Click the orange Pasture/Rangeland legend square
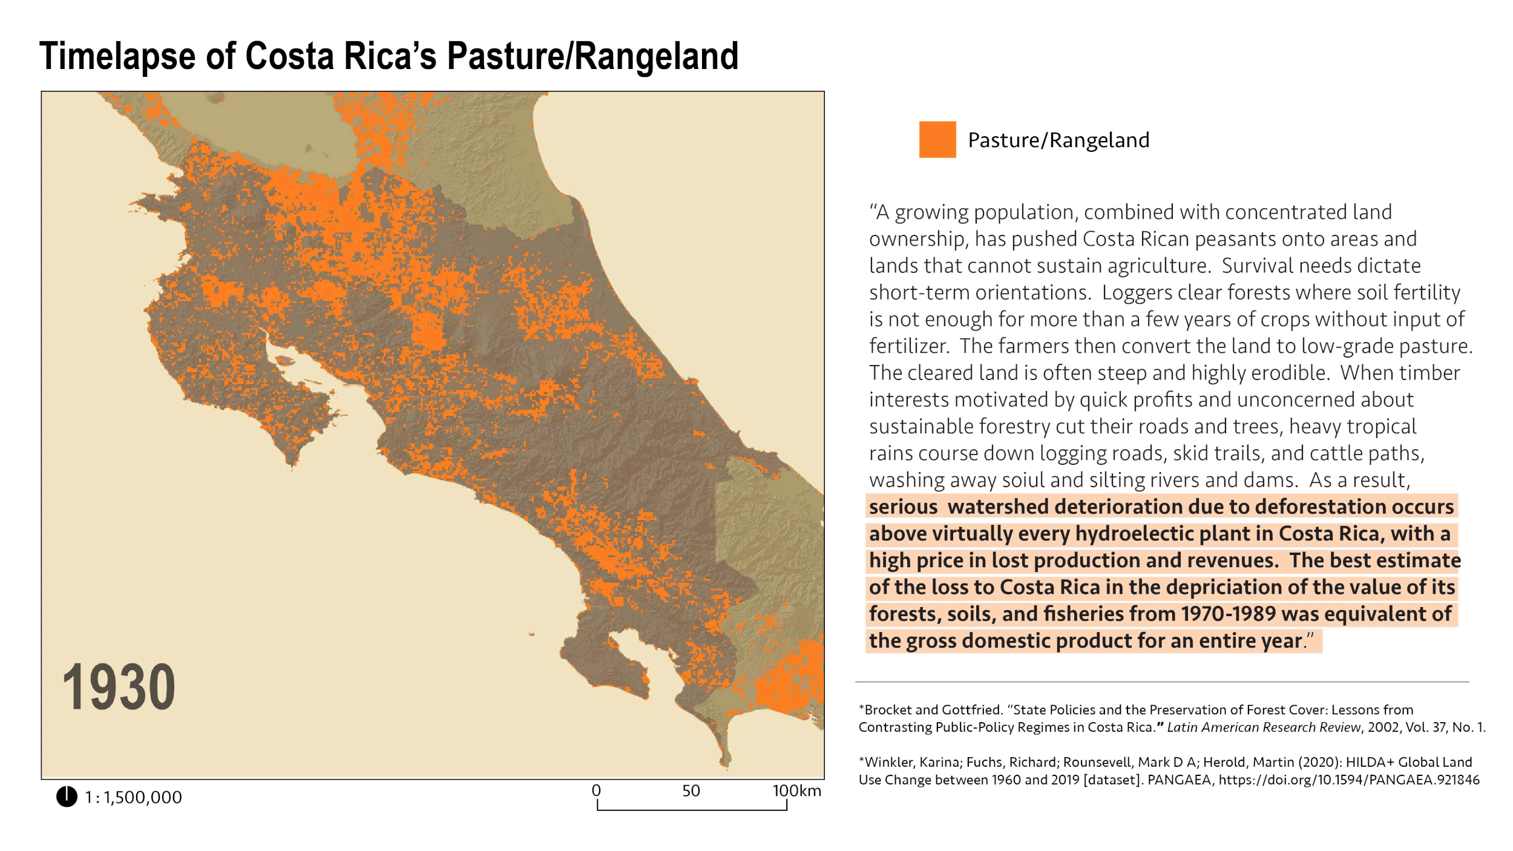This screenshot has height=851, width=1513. (x=937, y=140)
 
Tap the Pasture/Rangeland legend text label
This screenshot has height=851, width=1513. (x=1058, y=140)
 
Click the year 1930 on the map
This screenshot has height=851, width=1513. (x=119, y=688)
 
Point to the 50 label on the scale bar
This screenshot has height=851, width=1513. (x=691, y=790)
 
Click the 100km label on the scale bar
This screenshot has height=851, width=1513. (x=796, y=790)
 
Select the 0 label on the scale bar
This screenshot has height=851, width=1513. (x=596, y=790)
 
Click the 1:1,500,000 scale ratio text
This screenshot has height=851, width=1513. (x=133, y=798)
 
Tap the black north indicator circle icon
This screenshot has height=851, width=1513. (x=67, y=797)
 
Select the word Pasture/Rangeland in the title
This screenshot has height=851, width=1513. (x=592, y=56)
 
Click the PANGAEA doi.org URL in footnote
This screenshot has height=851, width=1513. (x=1348, y=780)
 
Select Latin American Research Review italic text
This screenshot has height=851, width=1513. (x=1263, y=728)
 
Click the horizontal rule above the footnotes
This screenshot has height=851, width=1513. (x=1162, y=682)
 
